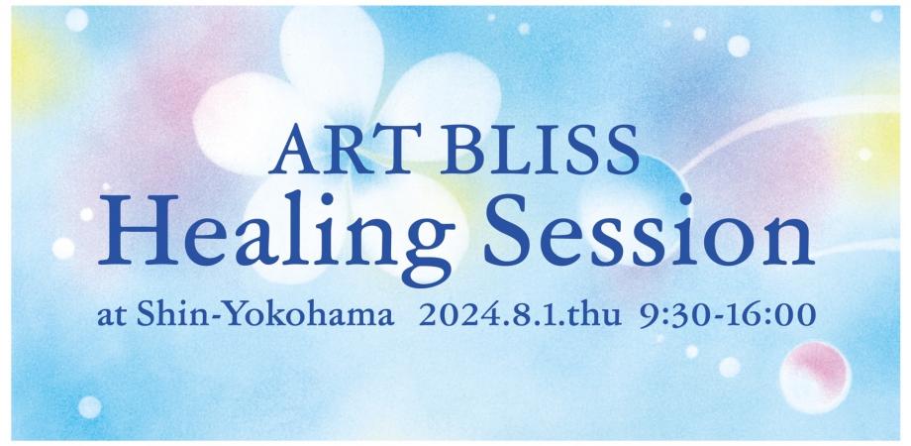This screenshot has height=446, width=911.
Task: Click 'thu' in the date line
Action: click(597, 316)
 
